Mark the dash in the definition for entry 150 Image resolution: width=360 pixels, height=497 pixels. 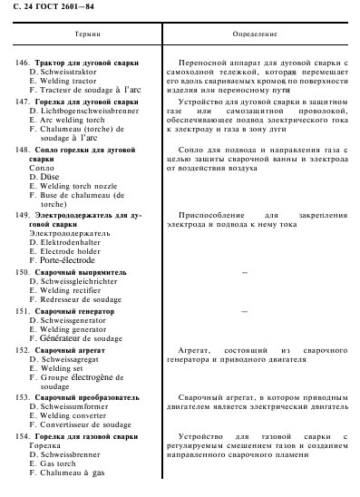coord(245,272)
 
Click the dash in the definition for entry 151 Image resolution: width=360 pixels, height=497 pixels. coord(245,311)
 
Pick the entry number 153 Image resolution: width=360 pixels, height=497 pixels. coord(23,397)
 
